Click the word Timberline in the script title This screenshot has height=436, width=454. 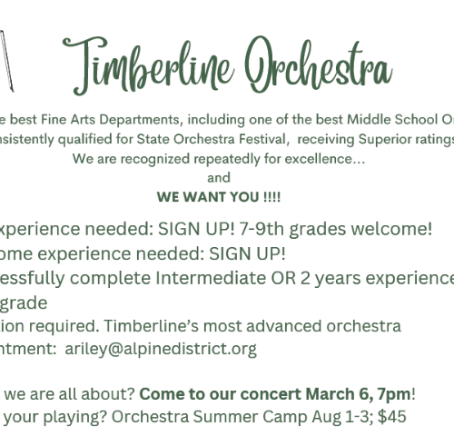click(x=148, y=66)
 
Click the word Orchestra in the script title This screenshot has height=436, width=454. click(x=319, y=64)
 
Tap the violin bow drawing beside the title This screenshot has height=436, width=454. click(x=6, y=61)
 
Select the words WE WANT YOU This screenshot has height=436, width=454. click(x=208, y=197)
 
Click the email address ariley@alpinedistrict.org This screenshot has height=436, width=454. click(x=161, y=349)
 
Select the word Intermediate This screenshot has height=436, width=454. click(x=211, y=278)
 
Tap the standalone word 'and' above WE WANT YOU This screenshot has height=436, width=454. click(x=219, y=178)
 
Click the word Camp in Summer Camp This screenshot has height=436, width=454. click(x=285, y=417)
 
